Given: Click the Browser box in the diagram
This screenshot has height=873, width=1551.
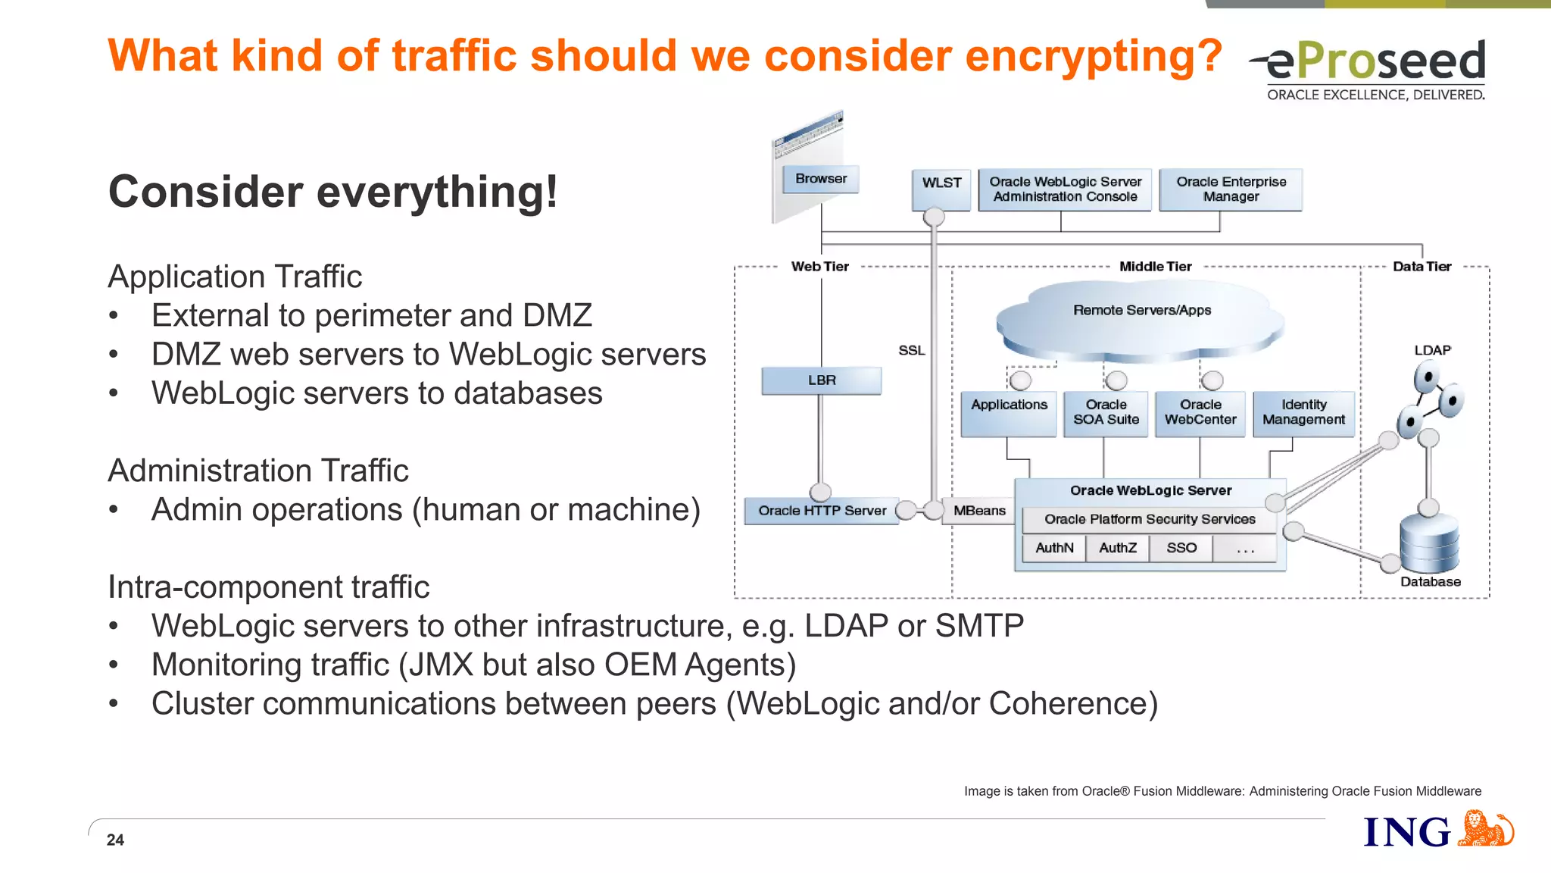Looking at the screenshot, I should point(820,179).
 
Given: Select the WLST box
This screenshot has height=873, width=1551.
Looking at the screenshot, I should point(941,188).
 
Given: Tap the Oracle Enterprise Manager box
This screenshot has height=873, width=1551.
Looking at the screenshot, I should point(1231,189).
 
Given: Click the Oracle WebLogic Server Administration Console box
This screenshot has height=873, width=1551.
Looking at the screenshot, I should point(1065,189).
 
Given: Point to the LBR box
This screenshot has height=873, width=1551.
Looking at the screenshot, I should point(821,380).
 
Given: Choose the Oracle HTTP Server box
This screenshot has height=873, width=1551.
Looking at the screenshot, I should point(822,511).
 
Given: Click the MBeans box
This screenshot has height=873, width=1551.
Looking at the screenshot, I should point(978,511).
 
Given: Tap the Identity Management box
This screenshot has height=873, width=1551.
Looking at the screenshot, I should point(1303,413).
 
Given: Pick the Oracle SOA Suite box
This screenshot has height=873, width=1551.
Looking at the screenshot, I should point(1106,413).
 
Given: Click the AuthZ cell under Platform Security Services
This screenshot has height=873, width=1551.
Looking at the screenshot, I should point(1117,548).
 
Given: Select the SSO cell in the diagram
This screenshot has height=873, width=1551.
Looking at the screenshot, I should point(1181,548).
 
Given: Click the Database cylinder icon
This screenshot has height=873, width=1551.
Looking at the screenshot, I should point(1429,543).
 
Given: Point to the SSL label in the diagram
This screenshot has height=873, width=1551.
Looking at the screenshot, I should point(911,350).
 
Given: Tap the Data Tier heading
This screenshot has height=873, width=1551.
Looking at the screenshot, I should point(1421,267).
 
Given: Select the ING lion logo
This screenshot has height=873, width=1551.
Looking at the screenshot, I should point(1484,829).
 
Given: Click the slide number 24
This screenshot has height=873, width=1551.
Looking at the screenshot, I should point(115,840).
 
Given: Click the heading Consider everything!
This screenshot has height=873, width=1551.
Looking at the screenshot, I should point(333,192).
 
